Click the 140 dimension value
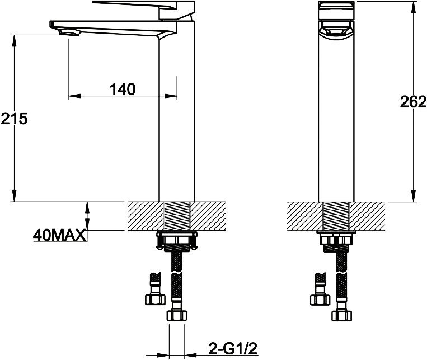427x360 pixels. coord(123,89)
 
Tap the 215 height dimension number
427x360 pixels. coord(14,119)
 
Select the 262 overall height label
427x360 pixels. coord(413,102)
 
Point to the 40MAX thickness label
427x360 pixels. coord(59,235)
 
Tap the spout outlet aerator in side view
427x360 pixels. coord(69,33)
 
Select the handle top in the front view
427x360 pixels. coord(336,10)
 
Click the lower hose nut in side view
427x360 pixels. coord(177,315)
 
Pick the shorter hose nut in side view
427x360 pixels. coord(155,299)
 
